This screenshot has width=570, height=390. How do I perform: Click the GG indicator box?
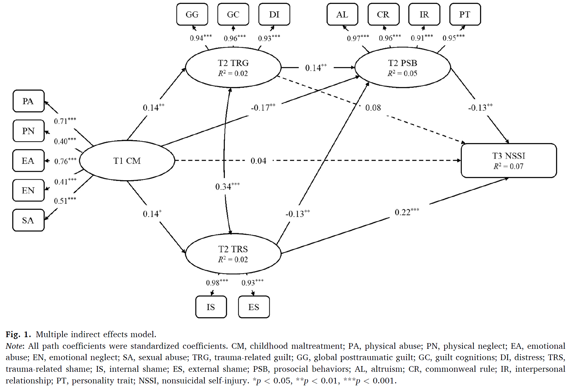click(x=192, y=14)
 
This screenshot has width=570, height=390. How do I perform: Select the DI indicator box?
click(x=274, y=14)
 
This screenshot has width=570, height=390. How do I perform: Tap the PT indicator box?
click(x=465, y=14)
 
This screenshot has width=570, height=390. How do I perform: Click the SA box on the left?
click(x=28, y=220)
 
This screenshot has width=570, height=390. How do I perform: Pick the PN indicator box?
click(x=28, y=131)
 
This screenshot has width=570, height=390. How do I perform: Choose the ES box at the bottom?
click(x=254, y=307)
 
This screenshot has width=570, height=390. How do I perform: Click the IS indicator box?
click(x=211, y=307)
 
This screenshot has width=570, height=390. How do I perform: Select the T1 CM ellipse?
click(x=127, y=161)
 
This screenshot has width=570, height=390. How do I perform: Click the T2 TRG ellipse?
click(x=233, y=67)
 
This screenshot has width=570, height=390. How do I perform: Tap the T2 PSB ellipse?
click(x=402, y=67)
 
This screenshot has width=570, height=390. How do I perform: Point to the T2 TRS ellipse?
click(x=233, y=253)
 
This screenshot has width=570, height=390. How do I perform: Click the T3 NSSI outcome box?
click(x=508, y=161)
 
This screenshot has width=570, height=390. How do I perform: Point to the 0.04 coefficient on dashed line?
click(x=258, y=161)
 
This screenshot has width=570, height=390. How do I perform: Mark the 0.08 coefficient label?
click(x=373, y=108)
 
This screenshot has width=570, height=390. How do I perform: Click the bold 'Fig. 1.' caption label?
click(x=18, y=334)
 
